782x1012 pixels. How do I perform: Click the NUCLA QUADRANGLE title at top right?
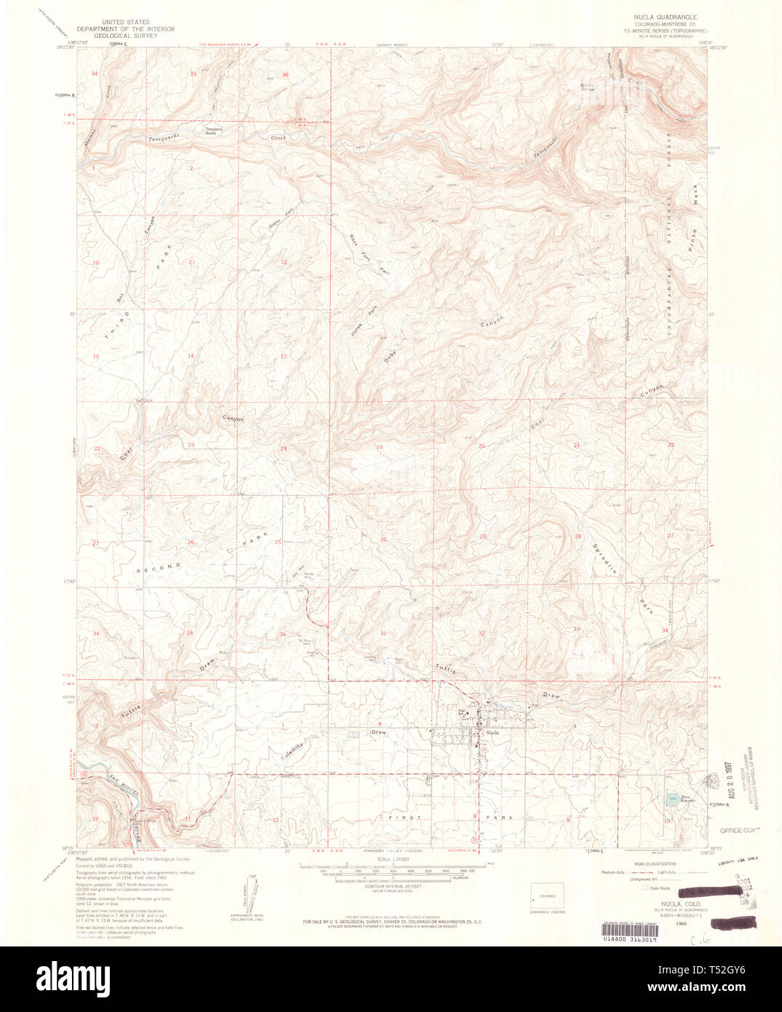(x=666, y=16)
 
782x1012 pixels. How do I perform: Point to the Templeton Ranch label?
(x=210, y=132)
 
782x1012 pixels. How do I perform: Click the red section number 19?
(x=379, y=446)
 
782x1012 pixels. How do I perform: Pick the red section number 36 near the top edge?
(x=285, y=75)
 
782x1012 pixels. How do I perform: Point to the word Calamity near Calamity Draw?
(x=291, y=747)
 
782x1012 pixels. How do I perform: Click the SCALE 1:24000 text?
(x=389, y=860)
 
